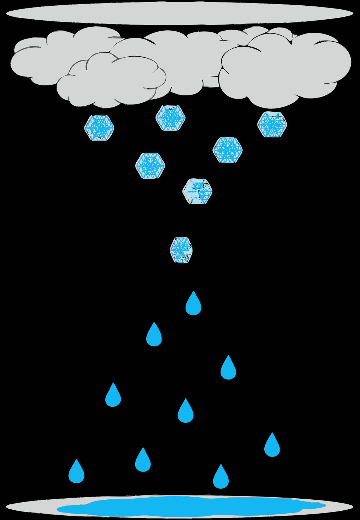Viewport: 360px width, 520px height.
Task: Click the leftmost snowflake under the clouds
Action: (99, 127)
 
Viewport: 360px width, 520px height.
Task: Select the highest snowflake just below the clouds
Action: (170, 118)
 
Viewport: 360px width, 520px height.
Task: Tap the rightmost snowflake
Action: (272, 125)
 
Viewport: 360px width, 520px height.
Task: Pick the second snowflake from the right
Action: (228, 150)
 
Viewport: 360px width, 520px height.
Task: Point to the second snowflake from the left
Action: (150, 166)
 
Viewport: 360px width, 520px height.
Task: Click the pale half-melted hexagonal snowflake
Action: (197, 191)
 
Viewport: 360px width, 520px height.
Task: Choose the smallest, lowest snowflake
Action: (181, 250)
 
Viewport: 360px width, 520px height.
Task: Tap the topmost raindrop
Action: (194, 305)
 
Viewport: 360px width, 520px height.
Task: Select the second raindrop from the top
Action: (154, 336)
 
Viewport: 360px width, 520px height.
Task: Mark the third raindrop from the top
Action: (228, 369)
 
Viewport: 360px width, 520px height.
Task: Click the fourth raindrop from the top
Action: (113, 396)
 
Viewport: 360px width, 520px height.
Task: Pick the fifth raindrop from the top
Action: (186, 412)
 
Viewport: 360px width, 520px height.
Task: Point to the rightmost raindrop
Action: (272, 446)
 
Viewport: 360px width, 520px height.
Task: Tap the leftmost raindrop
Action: (76, 473)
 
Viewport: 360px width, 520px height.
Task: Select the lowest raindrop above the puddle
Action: (221, 478)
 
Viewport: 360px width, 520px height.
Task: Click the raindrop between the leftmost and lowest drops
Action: (143, 461)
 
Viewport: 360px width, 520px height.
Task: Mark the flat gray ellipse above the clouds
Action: (180, 13)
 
